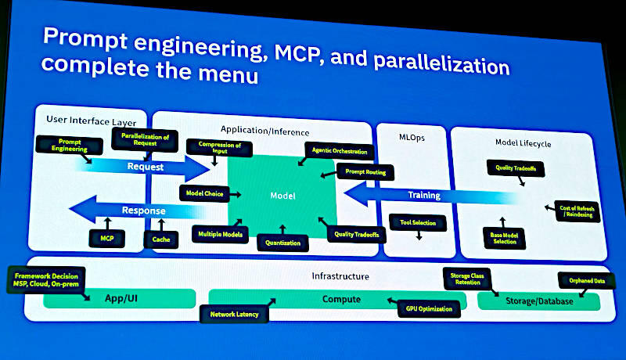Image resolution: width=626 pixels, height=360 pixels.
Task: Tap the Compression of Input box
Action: coord(214,147)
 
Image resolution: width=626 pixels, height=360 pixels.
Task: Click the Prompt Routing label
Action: coord(365,172)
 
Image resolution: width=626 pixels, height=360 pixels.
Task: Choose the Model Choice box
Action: coord(203,193)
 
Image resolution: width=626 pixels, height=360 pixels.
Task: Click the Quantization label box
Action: coord(282,242)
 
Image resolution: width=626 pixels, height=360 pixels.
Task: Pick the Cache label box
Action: coord(161,239)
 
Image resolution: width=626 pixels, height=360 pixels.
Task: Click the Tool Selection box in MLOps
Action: coord(418,223)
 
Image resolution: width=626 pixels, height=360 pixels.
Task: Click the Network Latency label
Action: coord(235,315)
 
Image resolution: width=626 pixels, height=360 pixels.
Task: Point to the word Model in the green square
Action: coord(282,196)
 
